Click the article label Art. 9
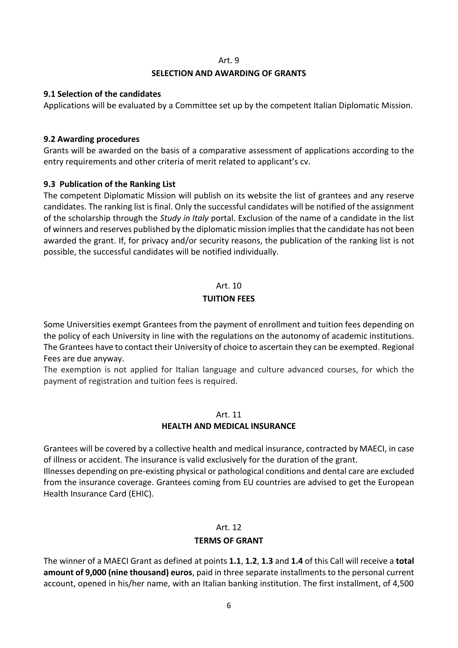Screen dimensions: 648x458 click(x=229, y=60)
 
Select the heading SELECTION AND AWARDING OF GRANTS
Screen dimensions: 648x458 click(x=229, y=73)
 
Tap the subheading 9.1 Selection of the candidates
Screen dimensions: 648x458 click(x=102, y=94)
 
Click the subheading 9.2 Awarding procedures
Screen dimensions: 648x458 click(x=92, y=139)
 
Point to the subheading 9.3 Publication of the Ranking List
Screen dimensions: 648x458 click(x=110, y=184)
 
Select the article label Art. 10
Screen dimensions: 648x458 click(x=229, y=286)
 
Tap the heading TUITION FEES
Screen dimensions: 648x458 click(x=229, y=299)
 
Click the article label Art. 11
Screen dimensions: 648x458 click(x=229, y=415)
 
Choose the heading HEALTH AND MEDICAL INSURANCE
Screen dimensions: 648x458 click(x=229, y=426)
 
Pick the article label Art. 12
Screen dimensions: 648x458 click(x=229, y=527)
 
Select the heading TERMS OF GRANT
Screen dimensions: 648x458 click(x=229, y=541)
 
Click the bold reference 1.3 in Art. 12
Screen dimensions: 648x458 click(x=267, y=561)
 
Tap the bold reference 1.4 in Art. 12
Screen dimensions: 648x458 click(x=297, y=561)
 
